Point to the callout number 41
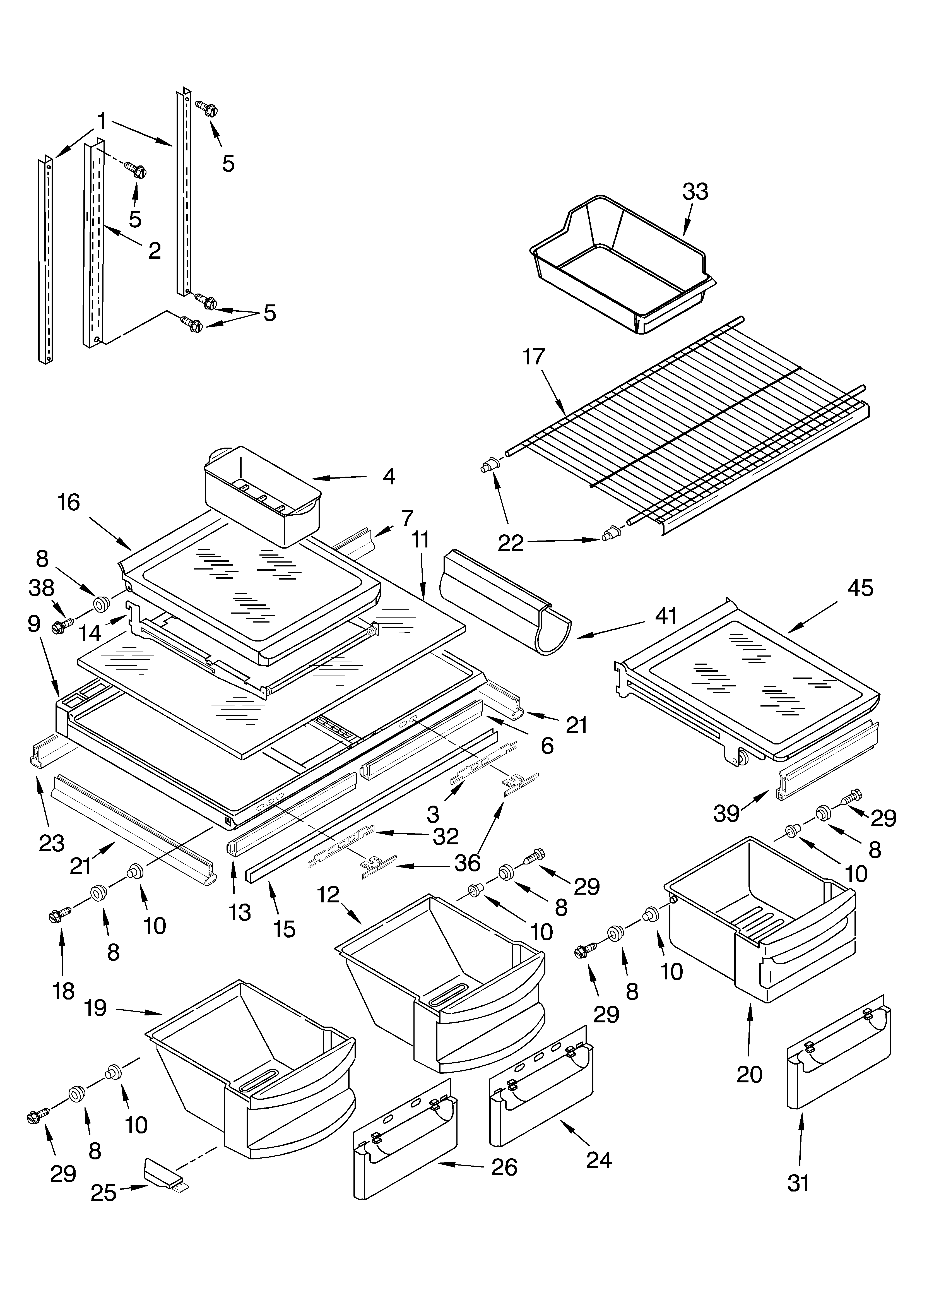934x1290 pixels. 666,616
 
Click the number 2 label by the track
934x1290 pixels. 154,250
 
